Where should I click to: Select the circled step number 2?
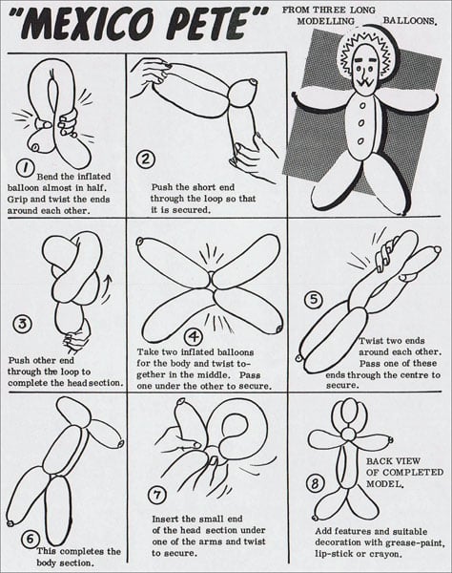click(x=146, y=159)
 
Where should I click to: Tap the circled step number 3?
click(x=23, y=324)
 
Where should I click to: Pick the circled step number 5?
click(x=314, y=300)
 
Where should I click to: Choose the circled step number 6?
click(x=30, y=539)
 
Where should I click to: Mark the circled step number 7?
click(x=157, y=495)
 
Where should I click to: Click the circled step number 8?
click(x=315, y=484)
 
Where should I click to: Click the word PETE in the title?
click(x=216, y=22)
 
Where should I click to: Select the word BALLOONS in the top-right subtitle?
click(x=409, y=21)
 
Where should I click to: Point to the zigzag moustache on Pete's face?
click(x=366, y=82)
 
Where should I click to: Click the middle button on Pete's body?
click(x=361, y=123)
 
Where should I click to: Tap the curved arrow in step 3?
click(x=107, y=289)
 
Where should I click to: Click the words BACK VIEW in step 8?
click(x=393, y=461)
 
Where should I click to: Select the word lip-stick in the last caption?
click(x=334, y=554)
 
